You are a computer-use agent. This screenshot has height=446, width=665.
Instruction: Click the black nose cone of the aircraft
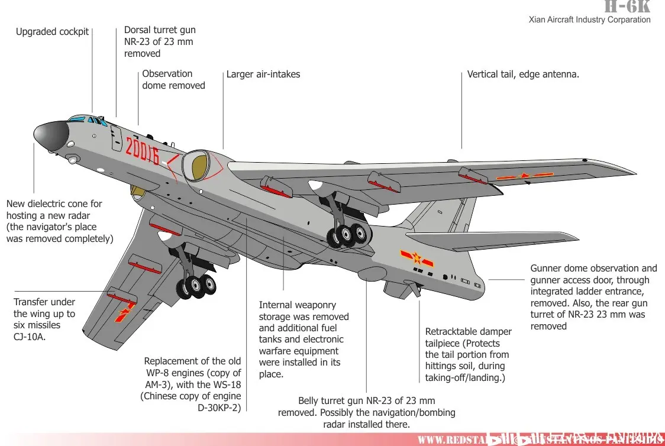[49, 135]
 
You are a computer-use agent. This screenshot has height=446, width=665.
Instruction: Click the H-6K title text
[627, 7]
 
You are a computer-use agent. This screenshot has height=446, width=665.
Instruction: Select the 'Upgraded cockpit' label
[52, 32]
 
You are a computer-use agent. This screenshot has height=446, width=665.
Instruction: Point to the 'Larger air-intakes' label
[263, 75]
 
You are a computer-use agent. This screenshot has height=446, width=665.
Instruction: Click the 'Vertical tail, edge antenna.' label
[523, 75]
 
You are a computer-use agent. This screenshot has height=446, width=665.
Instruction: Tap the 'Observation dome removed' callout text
[173, 79]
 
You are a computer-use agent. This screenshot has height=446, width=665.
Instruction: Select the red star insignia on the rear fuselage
[417, 258]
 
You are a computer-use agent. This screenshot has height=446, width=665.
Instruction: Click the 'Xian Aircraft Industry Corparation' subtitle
[589, 20]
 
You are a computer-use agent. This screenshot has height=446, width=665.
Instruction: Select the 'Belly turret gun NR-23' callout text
[366, 412]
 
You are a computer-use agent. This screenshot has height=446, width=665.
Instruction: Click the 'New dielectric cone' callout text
[59, 221]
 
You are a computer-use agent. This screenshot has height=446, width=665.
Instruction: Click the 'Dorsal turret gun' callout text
[160, 41]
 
